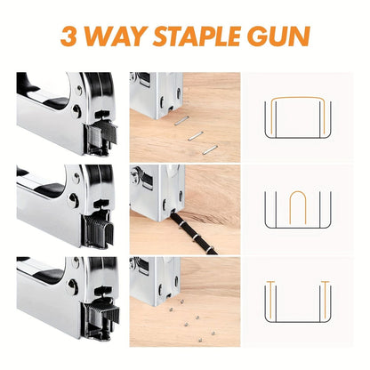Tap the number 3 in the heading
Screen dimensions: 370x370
pyautogui.click(x=68, y=38)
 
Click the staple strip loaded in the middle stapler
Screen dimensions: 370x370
pyautogui.click(x=99, y=231)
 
